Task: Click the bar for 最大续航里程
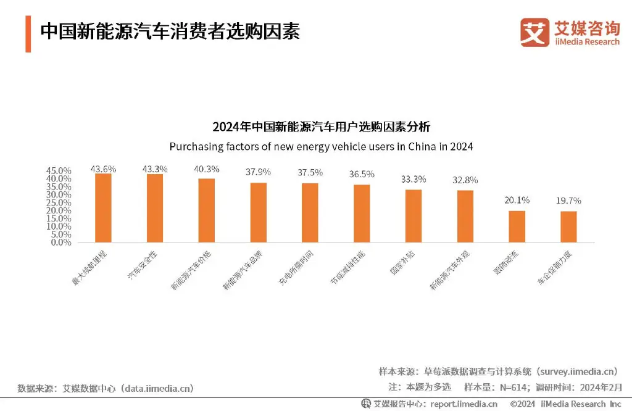tap(103, 208)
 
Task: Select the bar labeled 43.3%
tap(155, 208)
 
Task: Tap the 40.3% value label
tap(207, 169)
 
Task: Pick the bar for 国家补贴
tap(414, 216)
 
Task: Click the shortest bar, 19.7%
tap(568, 226)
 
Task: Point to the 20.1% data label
tap(517, 200)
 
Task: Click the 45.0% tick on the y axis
tap(59, 171)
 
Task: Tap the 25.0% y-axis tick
tap(59, 203)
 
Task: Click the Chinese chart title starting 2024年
tap(321, 128)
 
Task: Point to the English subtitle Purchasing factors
tap(321, 147)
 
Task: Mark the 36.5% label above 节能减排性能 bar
tap(362, 174)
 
